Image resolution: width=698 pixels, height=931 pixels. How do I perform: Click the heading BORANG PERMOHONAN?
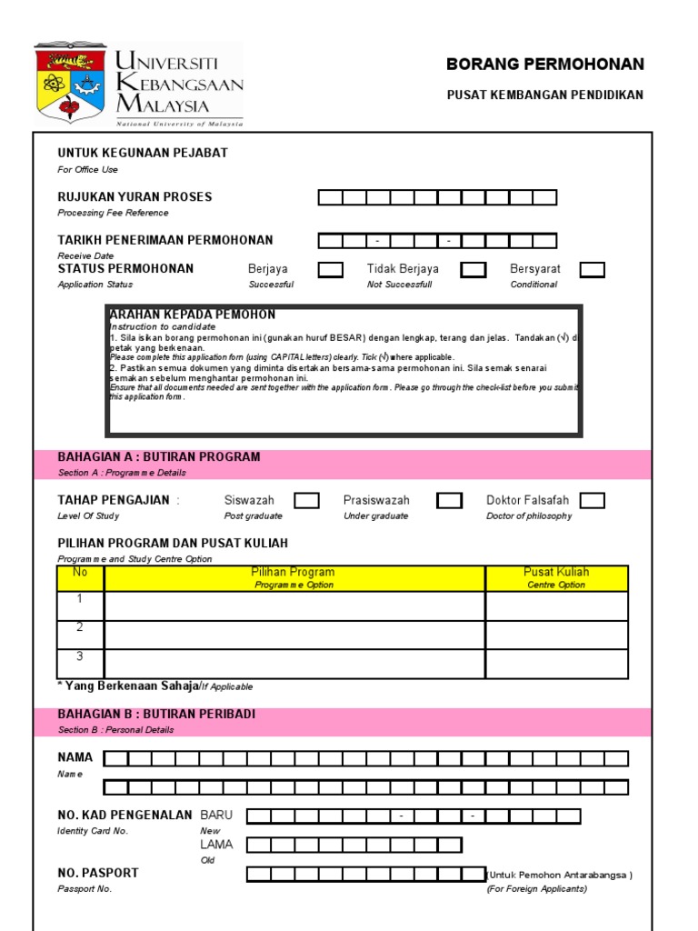[544, 65]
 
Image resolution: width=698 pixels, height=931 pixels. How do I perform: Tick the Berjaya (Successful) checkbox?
[331, 269]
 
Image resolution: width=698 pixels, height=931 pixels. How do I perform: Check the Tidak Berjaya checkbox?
[473, 269]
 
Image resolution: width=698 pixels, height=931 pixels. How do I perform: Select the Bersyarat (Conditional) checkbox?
[593, 269]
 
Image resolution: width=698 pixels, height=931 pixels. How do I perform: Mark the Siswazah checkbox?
[306, 500]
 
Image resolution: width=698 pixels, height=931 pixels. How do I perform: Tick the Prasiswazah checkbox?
[449, 500]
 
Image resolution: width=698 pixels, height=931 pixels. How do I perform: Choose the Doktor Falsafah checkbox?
[593, 500]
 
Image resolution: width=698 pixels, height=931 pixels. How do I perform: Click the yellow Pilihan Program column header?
[294, 577]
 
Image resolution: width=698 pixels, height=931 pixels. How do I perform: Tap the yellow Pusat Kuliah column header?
[556, 577]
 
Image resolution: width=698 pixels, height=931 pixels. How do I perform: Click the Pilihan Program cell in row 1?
[294, 606]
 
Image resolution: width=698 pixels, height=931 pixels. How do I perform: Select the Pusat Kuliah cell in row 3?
[556, 664]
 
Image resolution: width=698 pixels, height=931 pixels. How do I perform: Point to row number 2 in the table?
[80, 627]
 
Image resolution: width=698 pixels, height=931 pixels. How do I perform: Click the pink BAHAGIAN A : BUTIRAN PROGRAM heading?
[159, 457]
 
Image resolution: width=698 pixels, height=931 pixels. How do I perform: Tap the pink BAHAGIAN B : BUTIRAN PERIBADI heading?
[156, 715]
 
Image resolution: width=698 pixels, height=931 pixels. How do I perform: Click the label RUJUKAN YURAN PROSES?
[135, 197]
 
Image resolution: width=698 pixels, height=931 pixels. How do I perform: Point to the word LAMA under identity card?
[216, 845]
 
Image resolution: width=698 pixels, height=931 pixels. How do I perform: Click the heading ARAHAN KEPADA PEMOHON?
[192, 315]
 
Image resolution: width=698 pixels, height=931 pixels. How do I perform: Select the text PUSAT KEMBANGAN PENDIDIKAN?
[544, 95]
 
